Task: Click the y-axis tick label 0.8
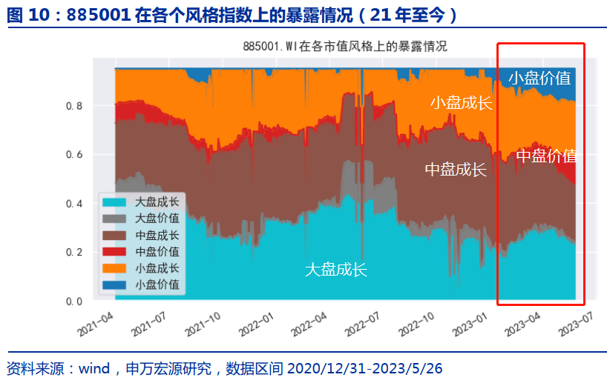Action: pyautogui.click(x=74, y=106)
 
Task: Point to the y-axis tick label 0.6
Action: pyautogui.click(x=74, y=155)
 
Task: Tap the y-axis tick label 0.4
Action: pyautogui.click(x=74, y=204)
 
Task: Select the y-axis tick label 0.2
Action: pyautogui.click(x=74, y=253)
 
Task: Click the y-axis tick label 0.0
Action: pyautogui.click(x=74, y=302)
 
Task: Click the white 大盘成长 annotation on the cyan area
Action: pyautogui.click(x=336, y=270)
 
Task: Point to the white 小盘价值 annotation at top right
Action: pyautogui.click(x=539, y=79)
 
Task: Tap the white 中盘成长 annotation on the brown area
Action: pyautogui.click(x=456, y=169)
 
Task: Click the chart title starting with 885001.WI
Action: pyautogui.click(x=345, y=47)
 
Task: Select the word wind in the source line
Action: pyautogui.click(x=94, y=368)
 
